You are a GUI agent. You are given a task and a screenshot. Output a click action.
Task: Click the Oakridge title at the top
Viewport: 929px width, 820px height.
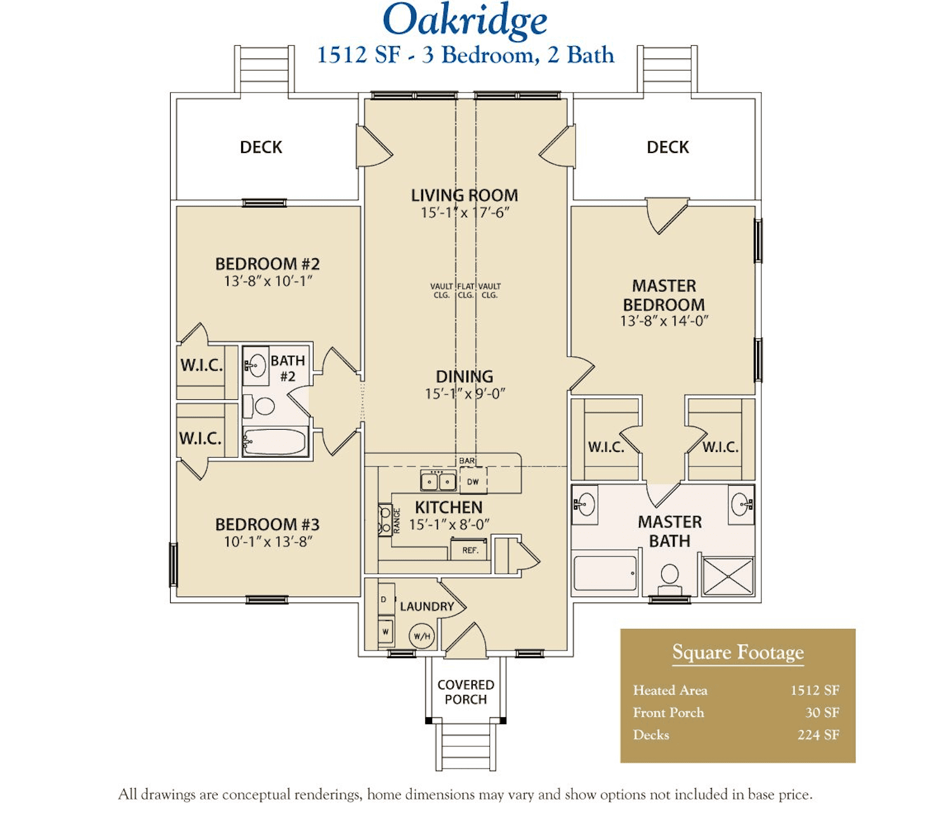pyautogui.click(x=464, y=22)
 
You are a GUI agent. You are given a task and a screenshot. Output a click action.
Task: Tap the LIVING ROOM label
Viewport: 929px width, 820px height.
pyautogui.click(x=464, y=195)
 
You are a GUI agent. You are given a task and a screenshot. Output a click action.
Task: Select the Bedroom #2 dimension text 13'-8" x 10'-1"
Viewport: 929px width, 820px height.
pyautogui.click(x=268, y=281)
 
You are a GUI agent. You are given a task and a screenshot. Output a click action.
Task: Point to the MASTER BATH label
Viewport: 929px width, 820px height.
pyautogui.click(x=670, y=531)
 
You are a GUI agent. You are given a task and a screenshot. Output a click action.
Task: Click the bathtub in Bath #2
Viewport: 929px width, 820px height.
pyautogui.click(x=275, y=442)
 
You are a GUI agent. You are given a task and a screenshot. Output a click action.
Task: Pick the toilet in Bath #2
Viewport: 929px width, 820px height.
pyautogui.click(x=259, y=406)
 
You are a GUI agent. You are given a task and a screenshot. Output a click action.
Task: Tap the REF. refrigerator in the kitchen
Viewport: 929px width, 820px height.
pyautogui.click(x=469, y=550)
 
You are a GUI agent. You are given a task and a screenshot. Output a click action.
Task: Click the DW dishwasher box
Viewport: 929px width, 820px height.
pyautogui.click(x=473, y=481)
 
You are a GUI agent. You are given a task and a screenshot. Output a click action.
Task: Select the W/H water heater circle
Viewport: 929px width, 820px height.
pyautogui.click(x=421, y=636)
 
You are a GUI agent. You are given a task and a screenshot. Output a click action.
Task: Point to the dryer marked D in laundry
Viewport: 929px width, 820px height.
pyautogui.click(x=386, y=599)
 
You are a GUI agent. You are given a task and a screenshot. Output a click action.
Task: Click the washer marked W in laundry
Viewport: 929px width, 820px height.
pyautogui.click(x=386, y=632)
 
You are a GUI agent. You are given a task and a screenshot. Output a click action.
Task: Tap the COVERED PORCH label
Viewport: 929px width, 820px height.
pyautogui.click(x=466, y=692)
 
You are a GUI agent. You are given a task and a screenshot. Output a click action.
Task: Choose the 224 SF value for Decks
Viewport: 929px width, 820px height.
pyautogui.click(x=819, y=735)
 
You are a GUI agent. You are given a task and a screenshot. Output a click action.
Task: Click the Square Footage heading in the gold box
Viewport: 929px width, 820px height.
pyautogui.click(x=738, y=652)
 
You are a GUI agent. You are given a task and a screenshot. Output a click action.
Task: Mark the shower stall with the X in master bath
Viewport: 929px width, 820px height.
pyautogui.click(x=728, y=576)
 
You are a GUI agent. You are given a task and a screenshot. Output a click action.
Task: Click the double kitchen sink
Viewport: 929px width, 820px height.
pyautogui.click(x=438, y=480)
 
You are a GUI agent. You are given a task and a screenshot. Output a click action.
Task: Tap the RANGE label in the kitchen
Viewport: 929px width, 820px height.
pyautogui.click(x=397, y=521)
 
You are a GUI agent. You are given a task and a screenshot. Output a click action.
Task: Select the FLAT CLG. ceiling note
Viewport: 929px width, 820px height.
pyautogui.click(x=465, y=291)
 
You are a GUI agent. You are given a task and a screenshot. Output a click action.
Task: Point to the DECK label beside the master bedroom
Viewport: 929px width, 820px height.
pyautogui.click(x=668, y=147)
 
